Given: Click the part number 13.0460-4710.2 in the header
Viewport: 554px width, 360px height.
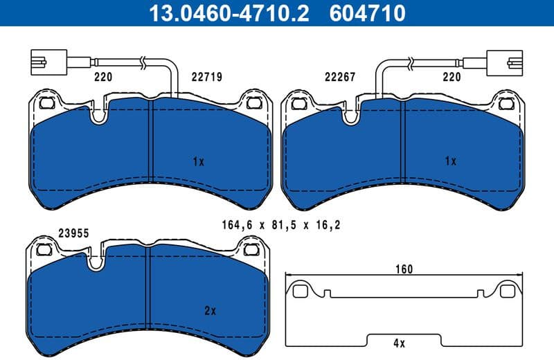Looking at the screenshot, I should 223,13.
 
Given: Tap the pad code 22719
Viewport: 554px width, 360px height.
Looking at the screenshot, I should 206,78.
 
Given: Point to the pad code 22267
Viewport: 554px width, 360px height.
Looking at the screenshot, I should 339,78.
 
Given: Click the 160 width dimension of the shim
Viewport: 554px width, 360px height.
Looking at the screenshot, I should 404,269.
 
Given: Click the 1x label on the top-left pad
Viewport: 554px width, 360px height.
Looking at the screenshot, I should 198,161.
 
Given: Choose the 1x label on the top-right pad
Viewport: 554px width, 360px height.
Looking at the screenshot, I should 450,161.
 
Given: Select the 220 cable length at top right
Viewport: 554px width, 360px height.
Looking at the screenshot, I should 452,78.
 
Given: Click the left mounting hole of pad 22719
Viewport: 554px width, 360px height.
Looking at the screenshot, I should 48,104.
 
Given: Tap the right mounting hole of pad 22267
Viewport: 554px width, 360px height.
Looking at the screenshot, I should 508,104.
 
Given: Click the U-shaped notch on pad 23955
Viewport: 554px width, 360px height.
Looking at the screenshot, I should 95,260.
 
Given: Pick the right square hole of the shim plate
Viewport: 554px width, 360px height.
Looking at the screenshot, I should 508,291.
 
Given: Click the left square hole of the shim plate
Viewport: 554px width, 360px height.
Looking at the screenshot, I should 300,291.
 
